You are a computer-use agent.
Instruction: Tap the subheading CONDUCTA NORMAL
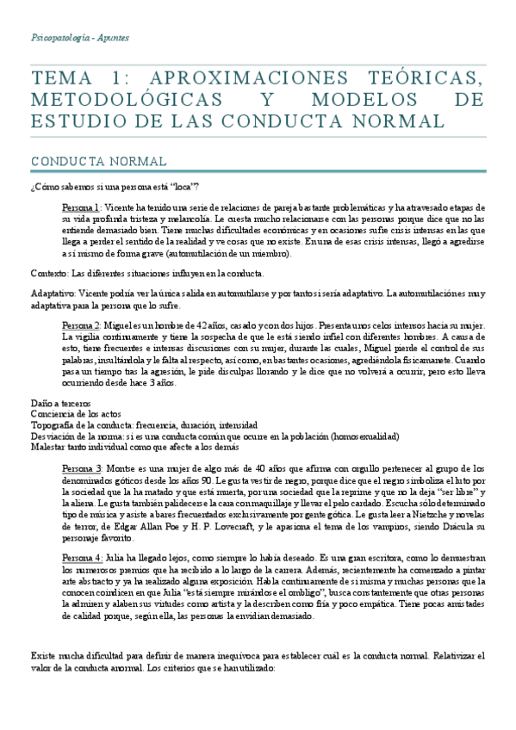(x=86, y=162)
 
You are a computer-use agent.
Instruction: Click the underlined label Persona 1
(x=82, y=208)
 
